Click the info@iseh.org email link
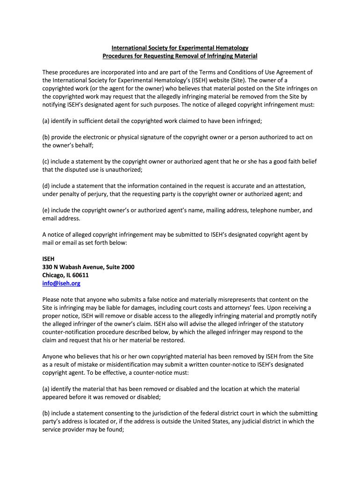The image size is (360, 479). (x=61, y=283)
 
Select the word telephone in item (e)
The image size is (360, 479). (x=244, y=210)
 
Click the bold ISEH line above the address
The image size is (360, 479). (x=49, y=259)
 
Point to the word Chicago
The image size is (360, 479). (x=54, y=275)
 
